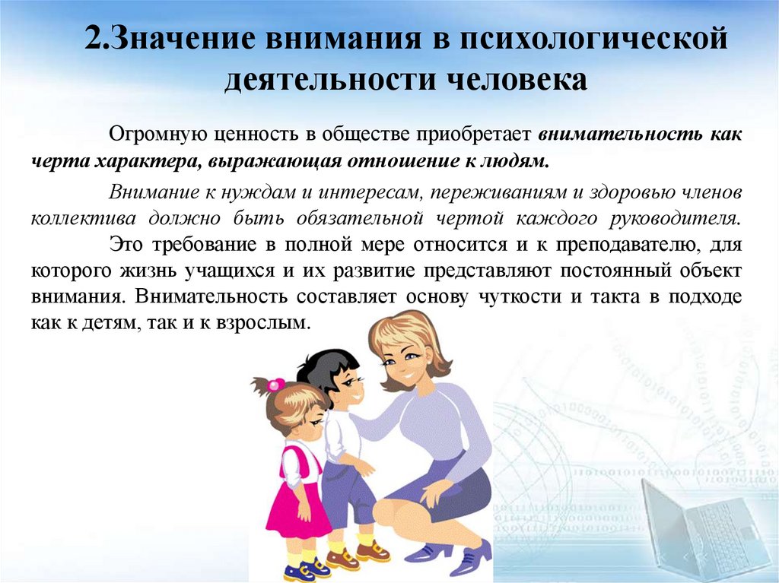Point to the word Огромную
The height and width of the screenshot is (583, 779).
(154, 135)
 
